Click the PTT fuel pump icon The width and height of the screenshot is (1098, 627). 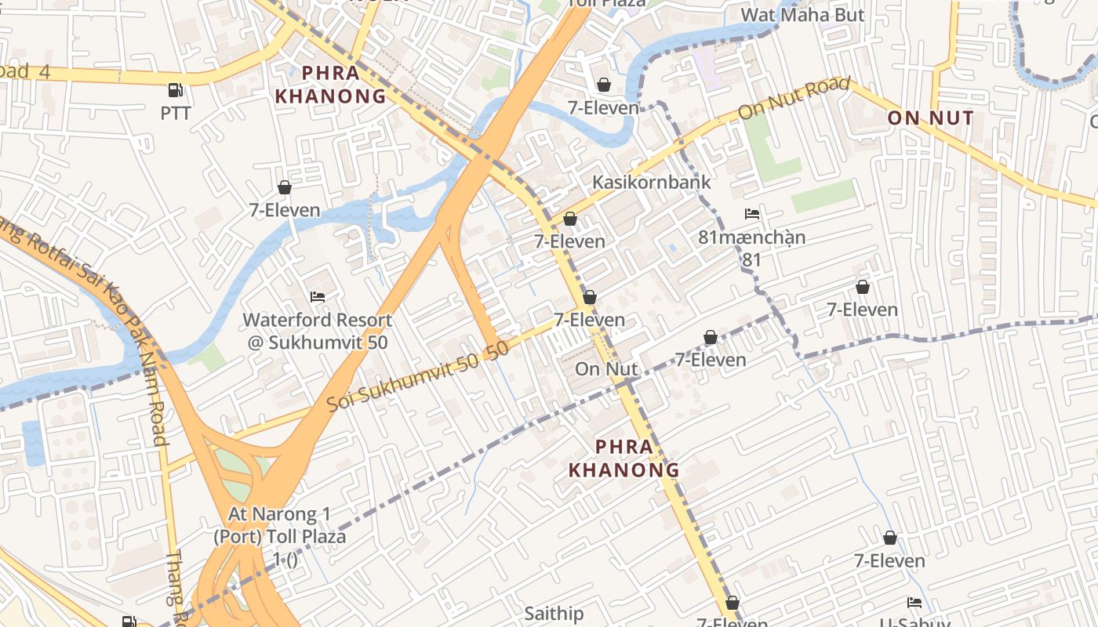point(176,91)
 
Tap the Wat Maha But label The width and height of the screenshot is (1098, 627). point(802,14)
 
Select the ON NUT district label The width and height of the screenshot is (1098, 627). point(930,118)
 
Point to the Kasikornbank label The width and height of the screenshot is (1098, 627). point(651,182)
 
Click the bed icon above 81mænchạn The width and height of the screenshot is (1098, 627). point(752,213)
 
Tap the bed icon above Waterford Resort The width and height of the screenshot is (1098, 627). point(318,296)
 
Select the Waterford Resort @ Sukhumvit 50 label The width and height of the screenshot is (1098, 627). point(317,331)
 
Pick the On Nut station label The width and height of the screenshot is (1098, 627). point(606,368)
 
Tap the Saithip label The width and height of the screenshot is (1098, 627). point(554,613)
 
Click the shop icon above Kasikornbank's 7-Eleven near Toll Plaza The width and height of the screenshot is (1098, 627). point(604,84)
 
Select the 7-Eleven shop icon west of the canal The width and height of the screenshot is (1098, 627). point(284,187)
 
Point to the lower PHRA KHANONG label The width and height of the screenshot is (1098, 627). point(624,458)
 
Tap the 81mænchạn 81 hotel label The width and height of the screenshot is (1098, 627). point(751,247)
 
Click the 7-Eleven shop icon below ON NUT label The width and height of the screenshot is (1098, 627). point(863,287)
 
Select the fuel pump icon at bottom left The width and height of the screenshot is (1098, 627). point(129,622)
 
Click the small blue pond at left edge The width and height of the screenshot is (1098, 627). point(33,443)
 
